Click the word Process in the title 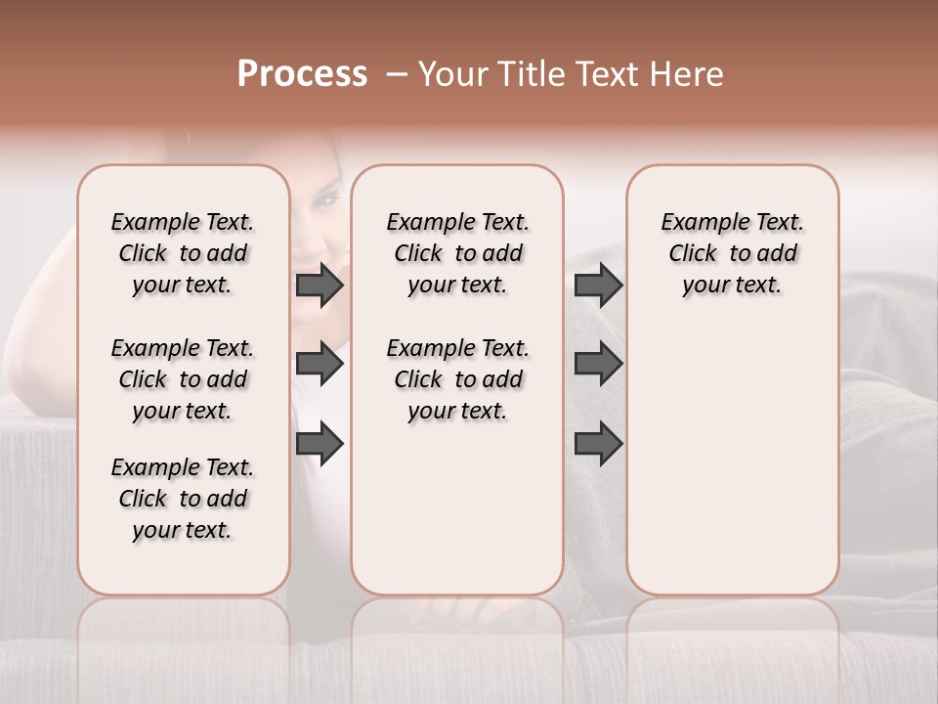click(302, 74)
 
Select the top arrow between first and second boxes click(320, 286)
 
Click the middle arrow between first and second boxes click(320, 364)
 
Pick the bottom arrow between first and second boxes click(320, 443)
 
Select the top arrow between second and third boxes click(598, 286)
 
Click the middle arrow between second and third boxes click(598, 364)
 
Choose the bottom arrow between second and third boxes click(598, 443)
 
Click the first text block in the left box click(183, 253)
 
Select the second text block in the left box click(183, 379)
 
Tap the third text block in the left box click(183, 499)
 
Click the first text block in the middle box click(457, 253)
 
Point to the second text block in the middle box click(457, 379)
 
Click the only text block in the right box click(732, 253)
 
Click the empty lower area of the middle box click(457, 508)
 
